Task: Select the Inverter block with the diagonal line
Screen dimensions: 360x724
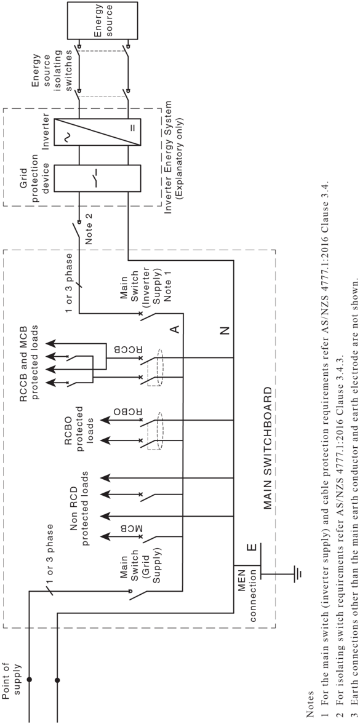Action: point(97,133)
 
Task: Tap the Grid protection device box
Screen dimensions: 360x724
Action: point(97,179)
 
